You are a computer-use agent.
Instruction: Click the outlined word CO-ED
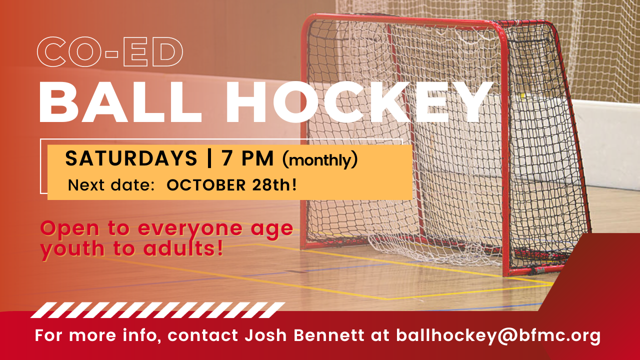pyautogui.click(x=110, y=52)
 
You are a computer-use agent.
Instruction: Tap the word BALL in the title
pyautogui.click(x=120, y=102)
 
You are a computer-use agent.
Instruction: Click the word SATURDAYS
pyautogui.click(x=131, y=158)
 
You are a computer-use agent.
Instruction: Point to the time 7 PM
pyautogui.click(x=247, y=158)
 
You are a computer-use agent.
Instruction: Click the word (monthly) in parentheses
pyautogui.click(x=319, y=160)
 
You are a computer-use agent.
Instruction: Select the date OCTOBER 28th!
pyautogui.click(x=231, y=185)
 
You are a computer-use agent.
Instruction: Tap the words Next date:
pyautogui.click(x=111, y=185)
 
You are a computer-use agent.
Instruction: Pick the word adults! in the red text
pyautogui.click(x=183, y=248)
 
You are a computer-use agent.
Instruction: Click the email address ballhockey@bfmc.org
pyautogui.click(x=498, y=335)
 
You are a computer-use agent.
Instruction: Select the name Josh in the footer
pyautogui.click(x=265, y=335)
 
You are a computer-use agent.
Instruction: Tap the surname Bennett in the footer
pyautogui.click(x=329, y=335)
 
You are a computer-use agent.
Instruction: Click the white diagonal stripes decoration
pyautogui.click(x=157, y=310)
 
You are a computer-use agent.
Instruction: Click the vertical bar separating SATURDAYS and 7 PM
pyautogui.click(x=209, y=158)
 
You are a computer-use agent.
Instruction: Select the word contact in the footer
pyautogui.click(x=202, y=335)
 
